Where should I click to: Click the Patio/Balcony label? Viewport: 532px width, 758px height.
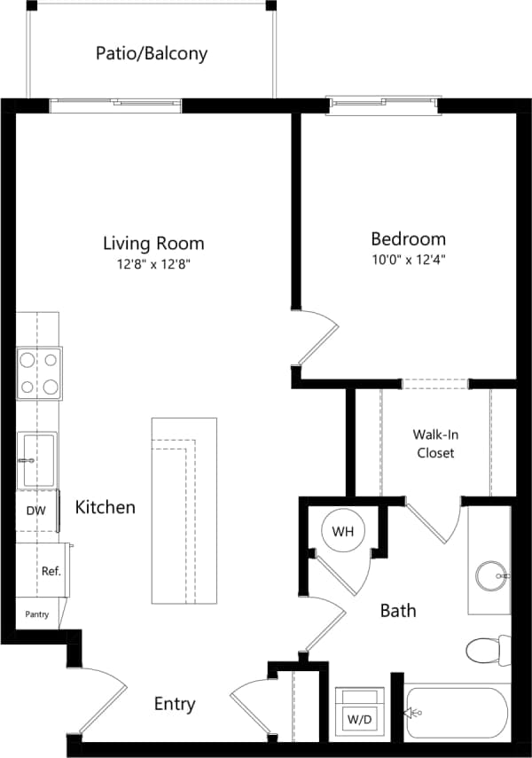[152, 53]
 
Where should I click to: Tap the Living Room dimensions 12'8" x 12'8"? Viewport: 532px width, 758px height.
[153, 264]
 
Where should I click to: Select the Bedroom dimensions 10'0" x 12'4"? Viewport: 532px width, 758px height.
[408, 261]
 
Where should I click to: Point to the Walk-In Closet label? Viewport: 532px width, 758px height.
[434, 443]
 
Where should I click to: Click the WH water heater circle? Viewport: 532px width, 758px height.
[343, 532]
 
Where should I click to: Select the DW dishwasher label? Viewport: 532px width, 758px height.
[36, 512]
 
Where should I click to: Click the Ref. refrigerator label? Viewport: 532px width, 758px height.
[51, 571]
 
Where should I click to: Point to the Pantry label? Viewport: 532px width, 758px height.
[36, 613]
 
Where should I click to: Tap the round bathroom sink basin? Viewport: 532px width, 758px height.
[490, 575]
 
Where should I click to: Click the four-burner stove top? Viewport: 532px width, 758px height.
[38, 373]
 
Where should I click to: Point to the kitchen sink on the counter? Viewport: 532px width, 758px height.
[38, 459]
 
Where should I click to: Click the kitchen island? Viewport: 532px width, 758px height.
[184, 511]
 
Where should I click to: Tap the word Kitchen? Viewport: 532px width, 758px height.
[105, 508]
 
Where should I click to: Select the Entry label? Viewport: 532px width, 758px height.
[175, 704]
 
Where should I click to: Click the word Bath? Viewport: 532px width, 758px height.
[398, 611]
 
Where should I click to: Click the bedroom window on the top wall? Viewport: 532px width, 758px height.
[383, 105]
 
